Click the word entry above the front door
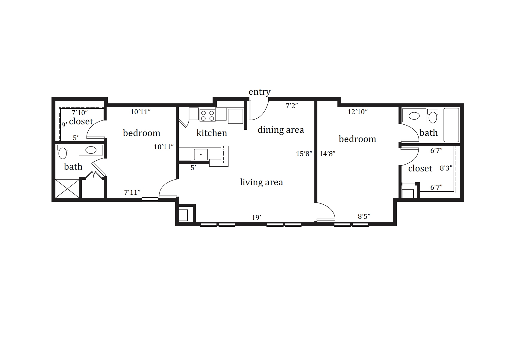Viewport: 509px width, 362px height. point(260,92)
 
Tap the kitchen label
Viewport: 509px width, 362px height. point(212,133)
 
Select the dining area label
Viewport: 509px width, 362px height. point(281,130)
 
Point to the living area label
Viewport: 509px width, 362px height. point(262,182)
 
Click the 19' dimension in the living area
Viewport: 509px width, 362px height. point(256,218)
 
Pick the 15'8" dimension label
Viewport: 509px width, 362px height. point(304,154)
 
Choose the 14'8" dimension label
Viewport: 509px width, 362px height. point(327,154)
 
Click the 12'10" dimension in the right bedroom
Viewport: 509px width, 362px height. point(357,112)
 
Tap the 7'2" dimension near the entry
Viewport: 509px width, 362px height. point(292,106)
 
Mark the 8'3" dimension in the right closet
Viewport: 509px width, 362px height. point(446,168)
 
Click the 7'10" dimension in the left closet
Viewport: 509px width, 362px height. point(80,113)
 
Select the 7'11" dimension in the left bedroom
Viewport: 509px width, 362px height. point(132,193)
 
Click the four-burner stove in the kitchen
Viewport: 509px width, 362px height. point(207,115)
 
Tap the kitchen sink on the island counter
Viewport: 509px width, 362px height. point(201,155)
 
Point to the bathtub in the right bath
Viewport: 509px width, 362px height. point(451,125)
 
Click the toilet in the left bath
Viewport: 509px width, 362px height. point(63,152)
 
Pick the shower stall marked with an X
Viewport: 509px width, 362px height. point(67,188)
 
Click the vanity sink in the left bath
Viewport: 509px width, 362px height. point(91,150)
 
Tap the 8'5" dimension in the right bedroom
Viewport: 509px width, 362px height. point(364,216)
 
